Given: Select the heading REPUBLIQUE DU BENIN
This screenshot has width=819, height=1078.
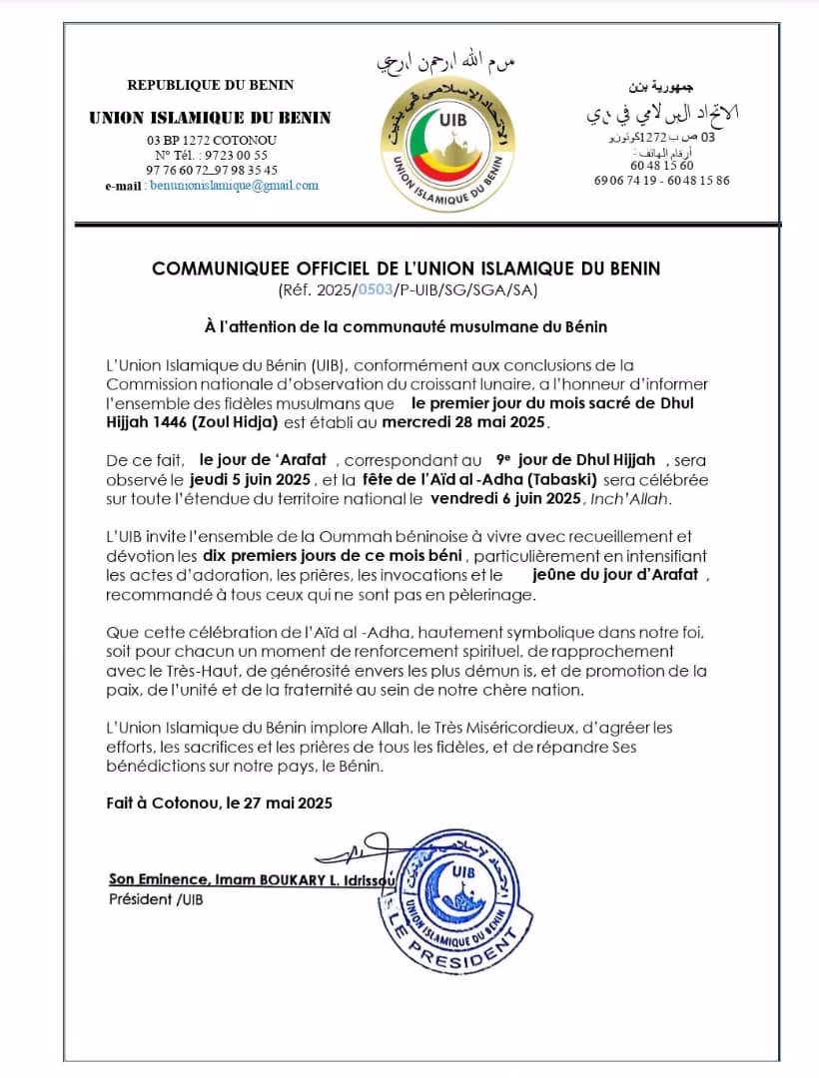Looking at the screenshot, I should click(x=211, y=85).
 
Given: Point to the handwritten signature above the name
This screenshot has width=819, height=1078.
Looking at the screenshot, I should click(x=355, y=854).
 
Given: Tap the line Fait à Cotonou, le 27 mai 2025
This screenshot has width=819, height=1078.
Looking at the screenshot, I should click(x=220, y=803).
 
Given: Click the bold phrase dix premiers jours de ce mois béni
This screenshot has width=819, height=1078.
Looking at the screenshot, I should click(x=333, y=555).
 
